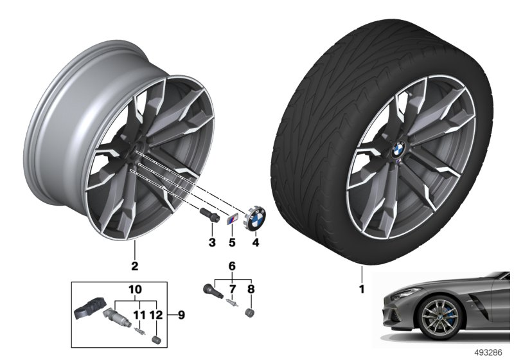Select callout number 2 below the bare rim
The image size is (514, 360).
click(x=134, y=264)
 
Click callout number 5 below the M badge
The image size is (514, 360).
click(x=233, y=242)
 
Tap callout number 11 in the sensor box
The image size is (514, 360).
click(x=137, y=315)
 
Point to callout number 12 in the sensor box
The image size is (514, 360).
click(x=155, y=315)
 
